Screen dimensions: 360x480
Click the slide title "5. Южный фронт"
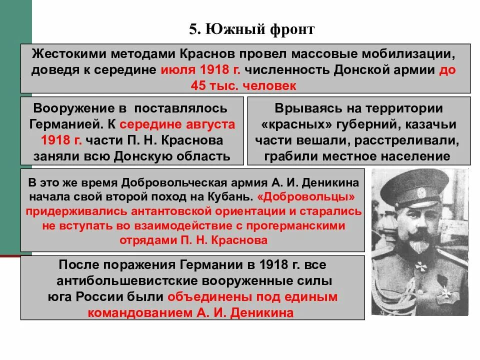coord(251,29)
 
